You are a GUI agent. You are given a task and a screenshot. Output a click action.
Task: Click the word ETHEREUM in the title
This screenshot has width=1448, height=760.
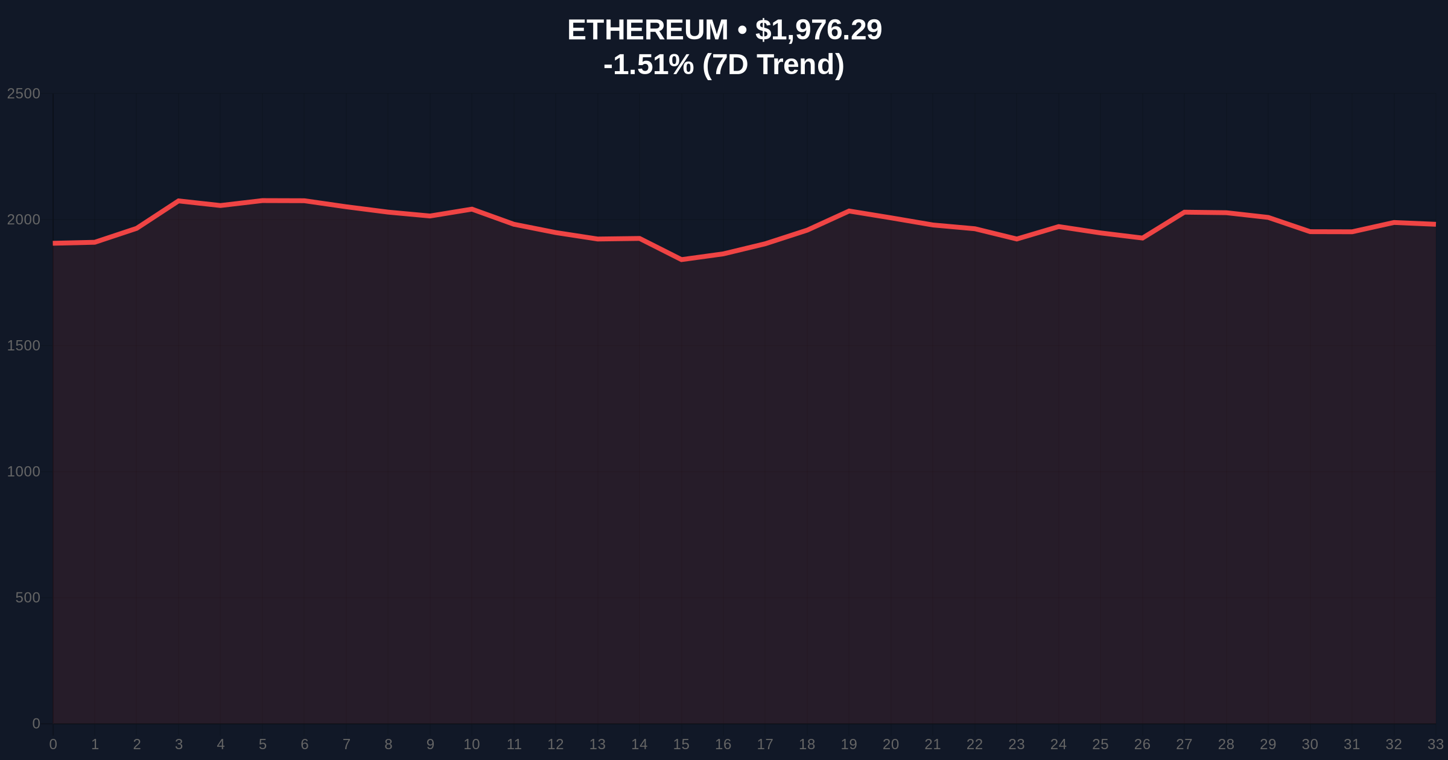[647, 30]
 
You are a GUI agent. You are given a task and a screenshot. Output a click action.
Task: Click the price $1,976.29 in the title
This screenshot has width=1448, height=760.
[818, 30]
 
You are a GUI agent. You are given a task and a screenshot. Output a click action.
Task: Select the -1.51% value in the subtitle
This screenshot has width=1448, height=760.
[648, 65]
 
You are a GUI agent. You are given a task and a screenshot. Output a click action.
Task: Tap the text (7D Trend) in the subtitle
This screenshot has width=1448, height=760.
[773, 65]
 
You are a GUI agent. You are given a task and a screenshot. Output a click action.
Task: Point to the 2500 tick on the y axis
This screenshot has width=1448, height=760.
[24, 94]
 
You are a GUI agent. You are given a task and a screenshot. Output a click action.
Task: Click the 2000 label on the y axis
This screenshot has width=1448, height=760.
[24, 220]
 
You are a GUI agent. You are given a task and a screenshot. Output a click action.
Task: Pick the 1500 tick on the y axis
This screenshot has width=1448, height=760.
[24, 346]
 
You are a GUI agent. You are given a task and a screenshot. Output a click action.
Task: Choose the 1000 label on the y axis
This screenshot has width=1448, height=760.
[24, 472]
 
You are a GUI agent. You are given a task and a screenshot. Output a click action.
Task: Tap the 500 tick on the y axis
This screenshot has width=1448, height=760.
[28, 598]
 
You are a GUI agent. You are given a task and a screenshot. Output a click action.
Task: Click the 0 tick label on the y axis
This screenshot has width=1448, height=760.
[36, 723]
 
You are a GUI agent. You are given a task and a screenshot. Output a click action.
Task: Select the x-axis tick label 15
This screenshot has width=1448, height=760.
[681, 744]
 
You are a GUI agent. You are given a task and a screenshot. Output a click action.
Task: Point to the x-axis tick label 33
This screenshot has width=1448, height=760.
[1435, 744]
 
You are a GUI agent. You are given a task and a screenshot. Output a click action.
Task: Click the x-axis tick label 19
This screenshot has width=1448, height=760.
[848, 744]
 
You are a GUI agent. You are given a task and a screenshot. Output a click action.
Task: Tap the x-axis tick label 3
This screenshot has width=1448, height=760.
[179, 744]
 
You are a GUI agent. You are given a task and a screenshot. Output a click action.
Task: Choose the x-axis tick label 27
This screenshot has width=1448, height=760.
[1184, 744]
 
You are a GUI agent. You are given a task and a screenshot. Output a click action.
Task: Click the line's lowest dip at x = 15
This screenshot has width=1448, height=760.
[681, 259]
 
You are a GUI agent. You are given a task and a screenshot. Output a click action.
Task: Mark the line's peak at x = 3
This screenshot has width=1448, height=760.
[179, 200]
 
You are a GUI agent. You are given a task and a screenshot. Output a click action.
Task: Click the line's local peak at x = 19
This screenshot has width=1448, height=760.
[849, 211]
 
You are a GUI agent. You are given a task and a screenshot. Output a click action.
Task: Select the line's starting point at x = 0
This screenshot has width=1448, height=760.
[54, 243]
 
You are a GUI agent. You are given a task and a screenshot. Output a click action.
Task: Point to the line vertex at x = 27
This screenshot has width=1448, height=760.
[1184, 212]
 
